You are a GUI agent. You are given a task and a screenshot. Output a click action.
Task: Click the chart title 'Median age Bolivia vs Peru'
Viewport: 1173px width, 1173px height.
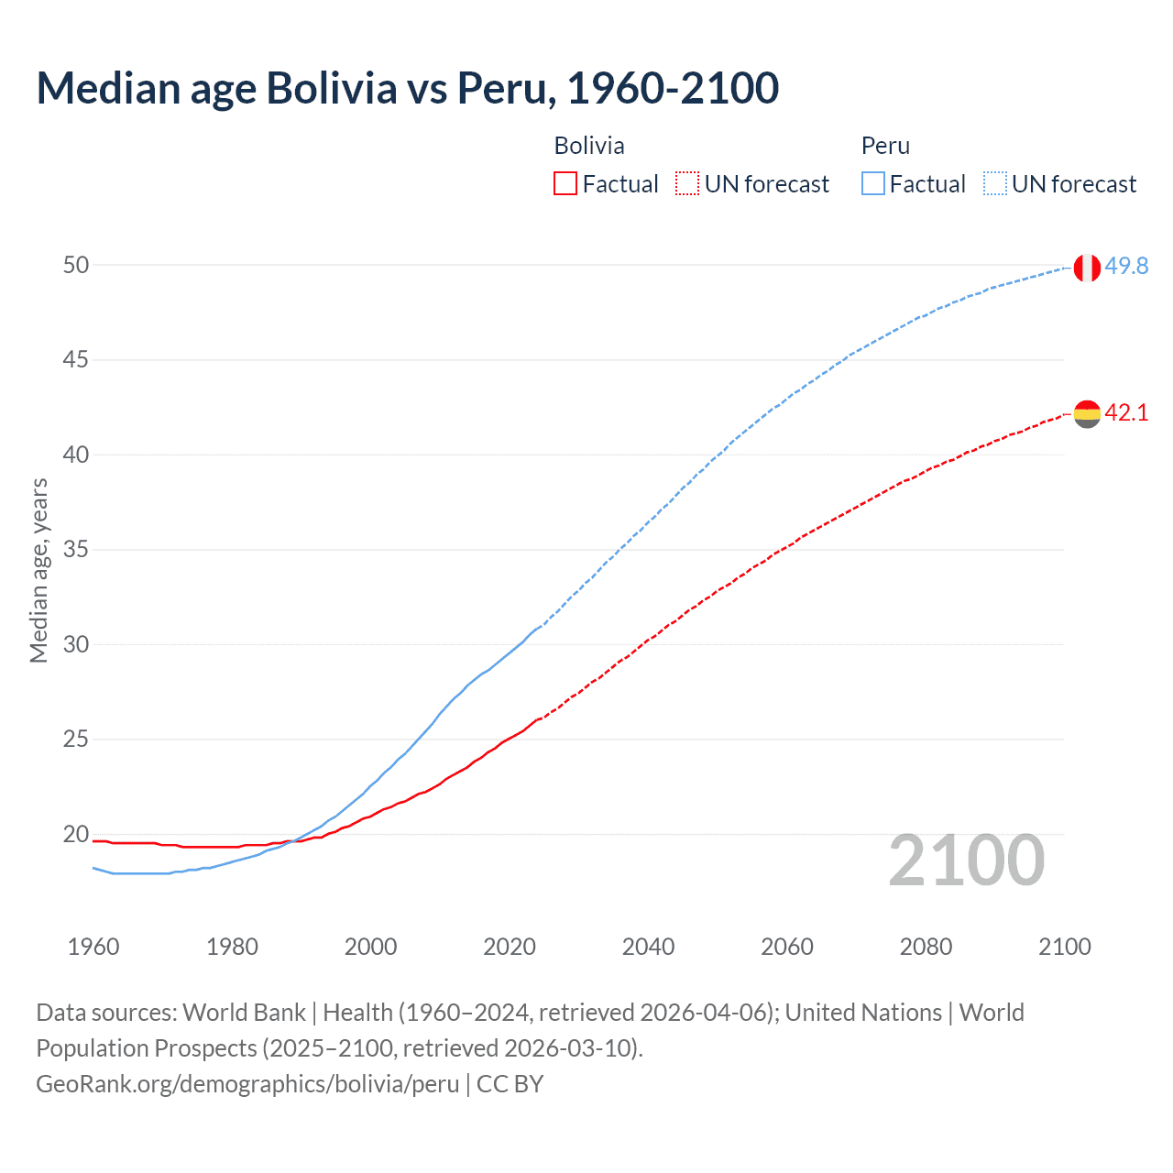click(x=408, y=88)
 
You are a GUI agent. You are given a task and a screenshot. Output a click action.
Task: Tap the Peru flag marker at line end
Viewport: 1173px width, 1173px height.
click(x=1087, y=268)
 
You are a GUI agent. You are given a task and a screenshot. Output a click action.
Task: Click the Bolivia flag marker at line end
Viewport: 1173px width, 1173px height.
click(x=1087, y=414)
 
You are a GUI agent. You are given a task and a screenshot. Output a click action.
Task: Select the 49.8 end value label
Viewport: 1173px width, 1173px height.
click(x=1126, y=266)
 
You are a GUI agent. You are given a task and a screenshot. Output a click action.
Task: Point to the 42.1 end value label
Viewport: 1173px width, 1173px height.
click(x=1126, y=412)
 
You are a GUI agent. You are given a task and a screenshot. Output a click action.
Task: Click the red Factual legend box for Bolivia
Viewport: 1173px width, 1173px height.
click(x=565, y=184)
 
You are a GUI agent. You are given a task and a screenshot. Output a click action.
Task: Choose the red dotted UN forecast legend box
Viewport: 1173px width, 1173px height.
click(x=687, y=184)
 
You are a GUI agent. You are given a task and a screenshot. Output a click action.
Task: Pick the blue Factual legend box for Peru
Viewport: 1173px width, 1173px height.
click(x=873, y=184)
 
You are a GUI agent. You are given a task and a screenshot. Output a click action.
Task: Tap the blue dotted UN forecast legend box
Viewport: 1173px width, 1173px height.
click(x=995, y=184)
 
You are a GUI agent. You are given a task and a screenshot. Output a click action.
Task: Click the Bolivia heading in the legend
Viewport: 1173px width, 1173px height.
click(x=589, y=146)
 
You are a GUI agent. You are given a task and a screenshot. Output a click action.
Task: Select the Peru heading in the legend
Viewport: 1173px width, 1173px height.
click(x=885, y=146)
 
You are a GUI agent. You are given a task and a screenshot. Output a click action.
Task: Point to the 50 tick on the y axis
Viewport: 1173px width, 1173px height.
click(x=76, y=265)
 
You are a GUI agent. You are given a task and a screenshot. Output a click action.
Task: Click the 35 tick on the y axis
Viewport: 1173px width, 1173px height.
click(x=76, y=550)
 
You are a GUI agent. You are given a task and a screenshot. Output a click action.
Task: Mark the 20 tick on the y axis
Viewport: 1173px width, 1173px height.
click(x=76, y=834)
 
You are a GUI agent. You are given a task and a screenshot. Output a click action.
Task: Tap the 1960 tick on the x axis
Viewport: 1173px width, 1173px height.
click(x=93, y=947)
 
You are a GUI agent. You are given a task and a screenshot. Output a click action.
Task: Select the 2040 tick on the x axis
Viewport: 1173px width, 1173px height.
click(x=648, y=947)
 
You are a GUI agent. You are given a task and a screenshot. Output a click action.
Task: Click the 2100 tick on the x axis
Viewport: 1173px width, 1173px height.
click(x=1064, y=947)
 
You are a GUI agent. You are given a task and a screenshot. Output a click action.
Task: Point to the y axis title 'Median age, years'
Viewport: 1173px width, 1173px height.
click(x=38, y=570)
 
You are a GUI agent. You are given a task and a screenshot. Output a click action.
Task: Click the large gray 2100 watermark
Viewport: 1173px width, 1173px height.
click(x=966, y=860)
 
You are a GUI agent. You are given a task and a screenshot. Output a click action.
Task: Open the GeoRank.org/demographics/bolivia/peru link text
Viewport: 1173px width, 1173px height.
click(x=247, y=1084)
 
